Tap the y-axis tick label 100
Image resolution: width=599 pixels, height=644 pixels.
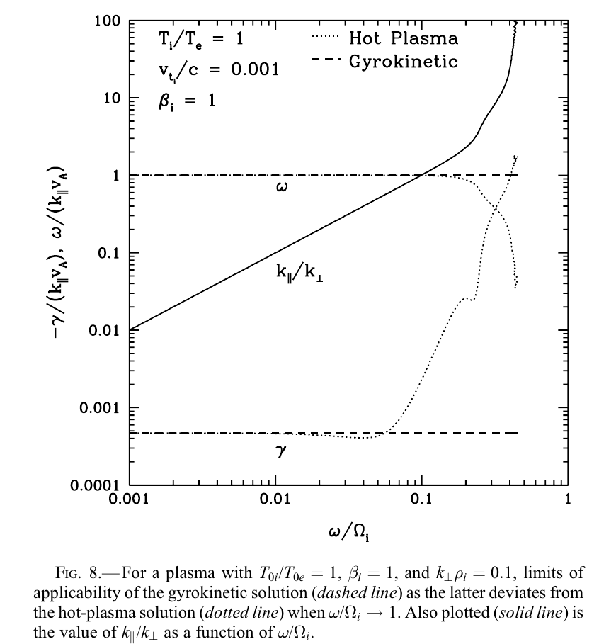click(106, 21)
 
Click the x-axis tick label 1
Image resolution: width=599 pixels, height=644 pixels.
click(567, 499)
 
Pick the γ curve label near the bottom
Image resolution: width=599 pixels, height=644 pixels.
click(280, 450)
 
